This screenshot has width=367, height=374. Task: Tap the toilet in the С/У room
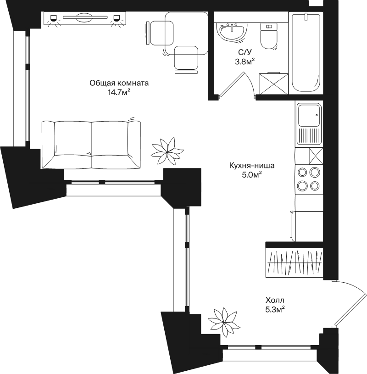[x=269, y=36]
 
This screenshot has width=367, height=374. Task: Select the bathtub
[x=306, y=52]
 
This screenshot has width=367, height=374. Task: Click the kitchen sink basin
[x=309, y=116]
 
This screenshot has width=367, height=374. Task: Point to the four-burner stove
[x=309, y=179]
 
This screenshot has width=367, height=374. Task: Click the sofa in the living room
[x=91, y=145]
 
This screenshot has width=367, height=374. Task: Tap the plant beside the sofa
[x=167, y=151]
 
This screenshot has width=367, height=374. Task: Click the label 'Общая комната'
[x=119, y=83]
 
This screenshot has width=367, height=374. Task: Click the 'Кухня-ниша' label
[x=252, y=165]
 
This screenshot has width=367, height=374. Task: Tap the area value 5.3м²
[x=275, y=309]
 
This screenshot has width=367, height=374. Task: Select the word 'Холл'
[x=275, y=300]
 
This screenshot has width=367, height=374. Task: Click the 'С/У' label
[x=245, y=52]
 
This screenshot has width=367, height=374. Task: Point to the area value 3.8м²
[x=245, y=62]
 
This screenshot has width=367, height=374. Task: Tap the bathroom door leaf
[x=232, y=84]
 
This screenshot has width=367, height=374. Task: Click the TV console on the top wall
[x=85, y=18]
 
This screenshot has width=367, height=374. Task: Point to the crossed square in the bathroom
[x=273, y=84]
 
